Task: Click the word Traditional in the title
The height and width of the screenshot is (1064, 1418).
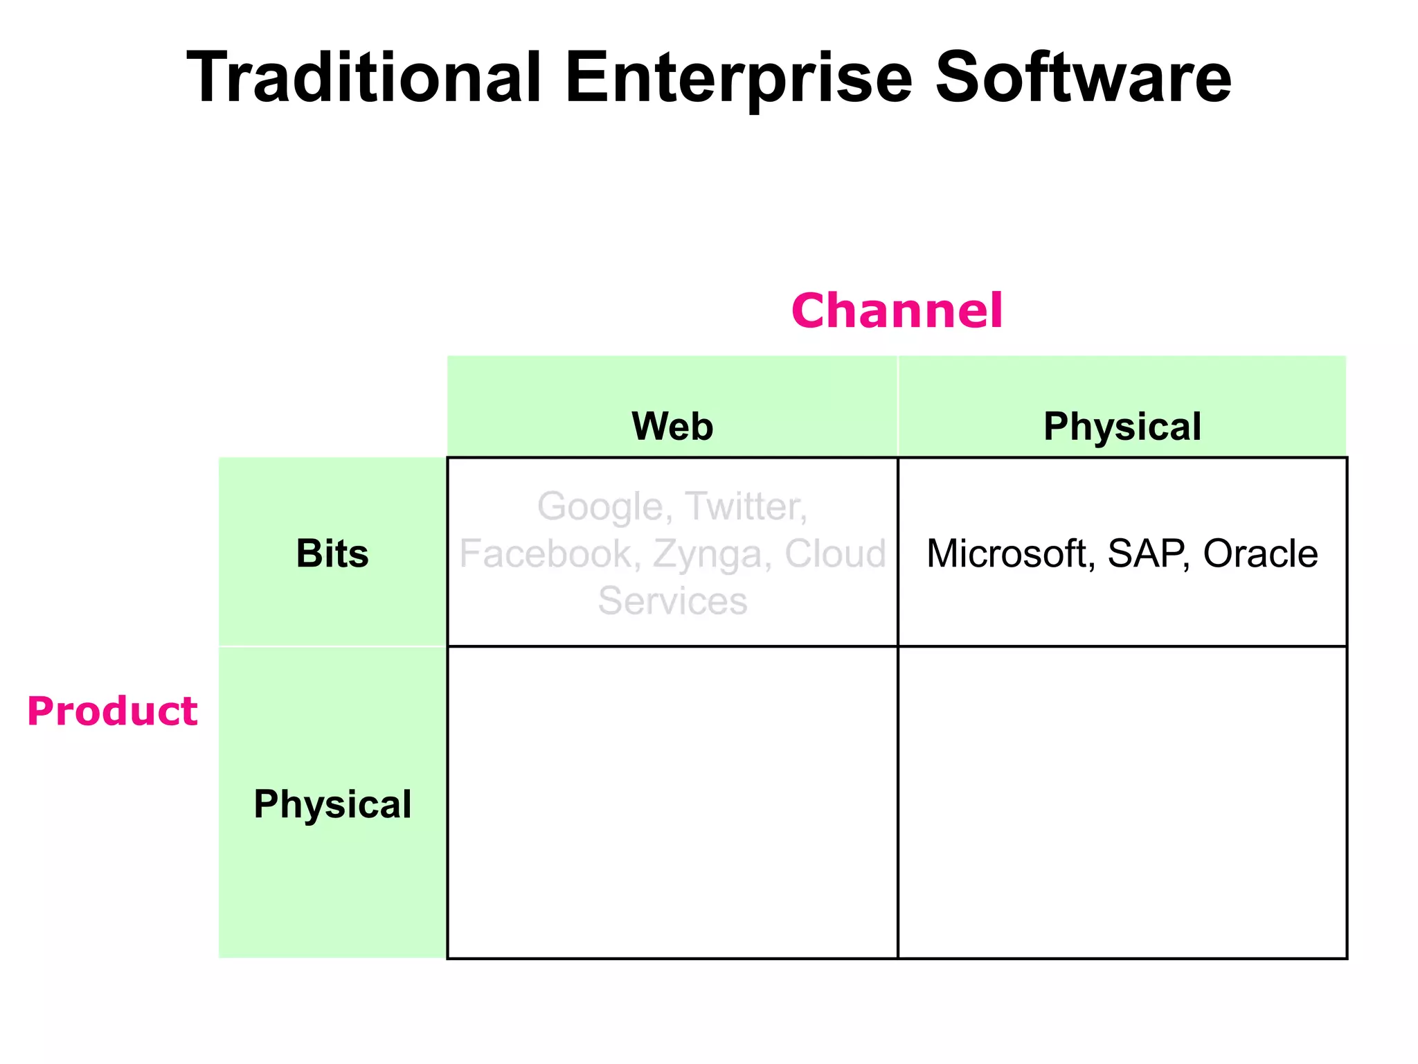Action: (x=364, y=78)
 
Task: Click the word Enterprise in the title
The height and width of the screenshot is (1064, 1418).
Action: (x=738, y=78)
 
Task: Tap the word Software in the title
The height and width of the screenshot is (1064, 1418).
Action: (x=1083, y=78)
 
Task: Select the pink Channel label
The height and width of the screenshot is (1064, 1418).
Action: (x=897, y=310)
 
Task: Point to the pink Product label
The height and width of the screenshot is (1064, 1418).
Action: (x=112, y=711)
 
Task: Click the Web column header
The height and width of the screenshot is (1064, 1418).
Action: (x=672, y=426)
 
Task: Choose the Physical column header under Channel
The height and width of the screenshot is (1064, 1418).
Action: (x=1122, y=426)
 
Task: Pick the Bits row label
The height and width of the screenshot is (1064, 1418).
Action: (x=332, y=553)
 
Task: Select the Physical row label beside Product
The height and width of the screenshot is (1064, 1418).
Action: (x=332, y=804)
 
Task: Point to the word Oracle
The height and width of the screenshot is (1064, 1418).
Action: (x=1260, y=553)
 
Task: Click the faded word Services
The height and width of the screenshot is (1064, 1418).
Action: (x=672, y=601)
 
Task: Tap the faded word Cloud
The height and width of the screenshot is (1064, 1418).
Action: (x=835, y=553)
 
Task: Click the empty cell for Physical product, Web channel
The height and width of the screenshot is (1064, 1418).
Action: (x=672, y=802)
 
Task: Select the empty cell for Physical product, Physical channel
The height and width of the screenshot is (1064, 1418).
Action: (x=1122, y=802)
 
